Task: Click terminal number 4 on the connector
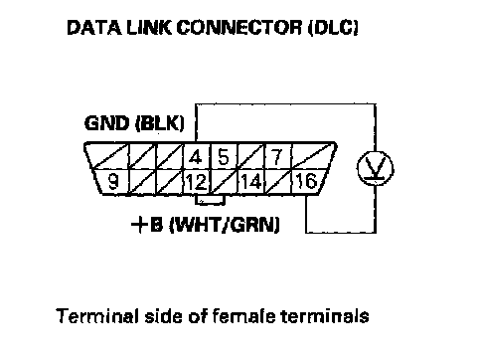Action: pos(196,157)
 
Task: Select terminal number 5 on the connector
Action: pos(224,157)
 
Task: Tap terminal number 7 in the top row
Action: pos(277,157)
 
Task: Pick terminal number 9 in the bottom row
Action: pos(113,181)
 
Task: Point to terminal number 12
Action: pos(197,182)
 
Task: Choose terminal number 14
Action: pos(251,182)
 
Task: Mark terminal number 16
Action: pos(306,181)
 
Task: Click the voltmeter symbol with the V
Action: pos(376,168)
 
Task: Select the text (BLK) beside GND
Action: pos(160,123)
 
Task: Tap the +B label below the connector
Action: pos(147,225)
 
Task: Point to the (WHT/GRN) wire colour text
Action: pos(225,226)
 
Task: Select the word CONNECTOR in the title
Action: pos(239,27)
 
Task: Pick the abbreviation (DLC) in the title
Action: pos(333,28)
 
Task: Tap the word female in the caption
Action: pos(243,316)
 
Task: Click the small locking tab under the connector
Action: pos(211,200)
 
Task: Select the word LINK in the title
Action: pos(149,27)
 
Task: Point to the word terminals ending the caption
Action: pos(325,316)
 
